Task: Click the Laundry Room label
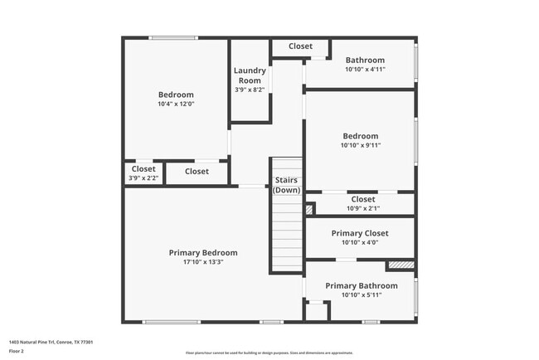pyautogui.click(x=250, y=75)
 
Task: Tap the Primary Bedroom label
pyautogui.click(x=203, y=253)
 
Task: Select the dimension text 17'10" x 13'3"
pyautogui.click(x=203, y=262)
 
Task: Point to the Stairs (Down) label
pyautogui.click(x=286, y=185)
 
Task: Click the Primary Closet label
pyautogui.click(x=359, y=233)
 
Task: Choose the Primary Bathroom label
pyautogui.click(x=361, y=286)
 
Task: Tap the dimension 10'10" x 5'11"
pyautogui.click(x=361, y=295)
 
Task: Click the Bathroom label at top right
pyautogui.click(x=365, y=60)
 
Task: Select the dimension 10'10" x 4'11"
pyautogui.click(x=365, y=70)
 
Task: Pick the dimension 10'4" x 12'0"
pyautogui.click(x=176, y=105)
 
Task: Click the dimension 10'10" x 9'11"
pyautogui.click(x=360, y=145)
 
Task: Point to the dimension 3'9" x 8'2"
pyautogui.click(x=250, y=90)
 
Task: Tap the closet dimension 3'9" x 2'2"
pyautogui.click(x=143, y=178)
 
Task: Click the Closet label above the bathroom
pyautogui.click(x=300, y=46)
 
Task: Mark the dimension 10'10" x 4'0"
pyautogui.click(x=359, y=242)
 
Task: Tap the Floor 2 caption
pyautogui.click(x=17, y=352)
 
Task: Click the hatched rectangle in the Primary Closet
pyautogui.click(x=401, y=265)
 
